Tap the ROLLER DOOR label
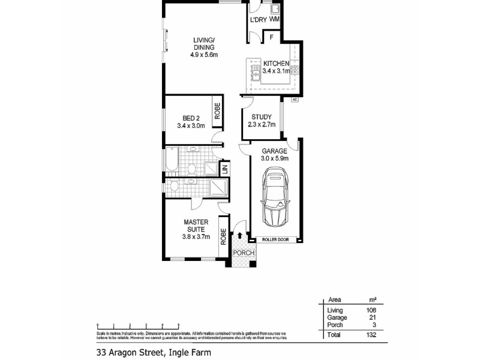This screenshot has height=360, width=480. click(275, 239)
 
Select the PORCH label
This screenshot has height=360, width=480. click(244, 253)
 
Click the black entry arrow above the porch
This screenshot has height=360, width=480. click(241, 236)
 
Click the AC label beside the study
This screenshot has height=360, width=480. click(295, 100)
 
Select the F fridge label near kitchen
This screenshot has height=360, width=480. click(272, 37)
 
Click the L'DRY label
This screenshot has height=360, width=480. click(258, 20)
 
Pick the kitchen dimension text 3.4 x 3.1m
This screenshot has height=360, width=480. click(276, 71)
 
